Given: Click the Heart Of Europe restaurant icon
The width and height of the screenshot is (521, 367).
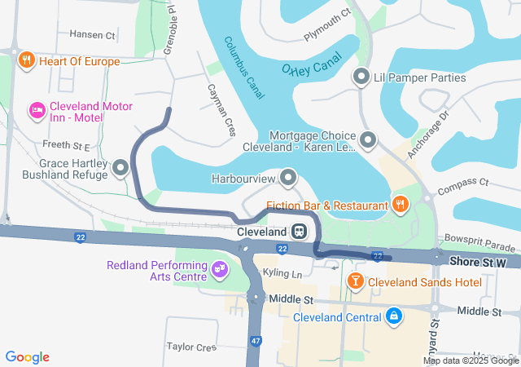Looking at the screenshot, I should point(27,60).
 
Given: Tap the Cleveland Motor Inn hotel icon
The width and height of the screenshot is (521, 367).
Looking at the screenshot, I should point(37,110).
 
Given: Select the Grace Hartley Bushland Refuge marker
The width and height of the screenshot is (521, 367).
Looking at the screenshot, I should point(121,169).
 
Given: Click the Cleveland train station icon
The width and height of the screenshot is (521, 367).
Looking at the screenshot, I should point(300,232).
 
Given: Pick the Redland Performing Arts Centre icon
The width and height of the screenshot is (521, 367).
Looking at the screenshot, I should point(219,268).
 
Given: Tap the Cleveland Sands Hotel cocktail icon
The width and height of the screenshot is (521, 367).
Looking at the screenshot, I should point(355,282).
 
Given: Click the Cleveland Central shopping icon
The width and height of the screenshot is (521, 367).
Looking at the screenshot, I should point(393,316).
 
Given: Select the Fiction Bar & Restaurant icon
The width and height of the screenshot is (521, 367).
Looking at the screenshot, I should point(400,204).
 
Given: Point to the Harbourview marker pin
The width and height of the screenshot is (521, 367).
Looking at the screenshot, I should point(288,177).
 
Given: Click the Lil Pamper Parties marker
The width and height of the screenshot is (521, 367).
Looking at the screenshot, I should point(361,77).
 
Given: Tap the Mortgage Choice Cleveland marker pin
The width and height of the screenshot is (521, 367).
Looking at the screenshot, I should point(368,141).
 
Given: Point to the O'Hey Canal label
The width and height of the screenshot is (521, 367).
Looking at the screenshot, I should point(313,68).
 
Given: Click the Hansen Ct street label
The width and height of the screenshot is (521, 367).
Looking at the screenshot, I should point(93,35).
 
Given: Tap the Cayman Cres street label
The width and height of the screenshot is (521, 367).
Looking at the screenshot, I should point(221,109).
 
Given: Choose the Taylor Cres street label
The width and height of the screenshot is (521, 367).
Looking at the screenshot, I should point(190,347).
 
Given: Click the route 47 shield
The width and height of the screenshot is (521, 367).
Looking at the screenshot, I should point(256,340).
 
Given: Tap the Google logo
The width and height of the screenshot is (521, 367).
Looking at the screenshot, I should point(28,357).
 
